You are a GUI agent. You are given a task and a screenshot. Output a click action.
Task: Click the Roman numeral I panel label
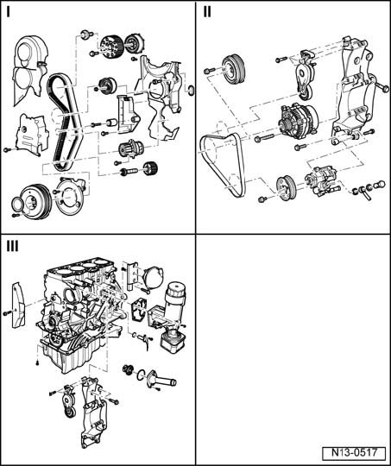(x=9, y=12)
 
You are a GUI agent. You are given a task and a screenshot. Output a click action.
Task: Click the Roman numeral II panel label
(x=207, y=12)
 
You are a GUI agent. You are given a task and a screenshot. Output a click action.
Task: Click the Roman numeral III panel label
(x=12, y=246)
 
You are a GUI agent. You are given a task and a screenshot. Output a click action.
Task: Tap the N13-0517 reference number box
(x=354, y=453)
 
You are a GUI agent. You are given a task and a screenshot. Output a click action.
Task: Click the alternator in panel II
(x=297, y=120)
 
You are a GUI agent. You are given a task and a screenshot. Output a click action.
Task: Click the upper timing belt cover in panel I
(x=29, y=70)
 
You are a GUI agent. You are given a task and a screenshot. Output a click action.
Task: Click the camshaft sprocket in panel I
(x=110, y=47)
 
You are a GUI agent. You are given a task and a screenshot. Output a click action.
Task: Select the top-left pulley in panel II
(x=234, y=68)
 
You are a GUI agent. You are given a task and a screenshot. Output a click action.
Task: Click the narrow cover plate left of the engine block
(x=17, y=305)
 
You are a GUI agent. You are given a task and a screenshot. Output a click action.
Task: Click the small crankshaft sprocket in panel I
(x=150, y=169)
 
